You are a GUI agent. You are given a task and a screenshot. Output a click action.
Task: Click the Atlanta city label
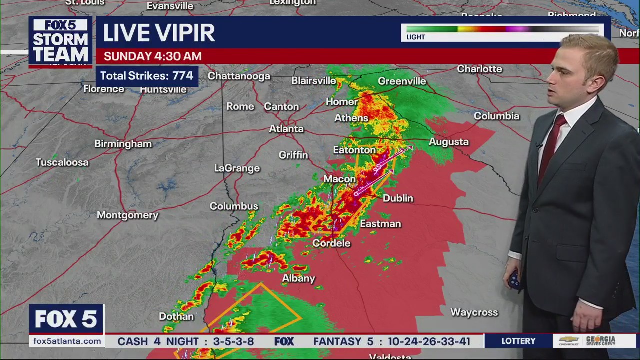286,129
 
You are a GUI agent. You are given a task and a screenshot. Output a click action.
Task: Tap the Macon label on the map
340,179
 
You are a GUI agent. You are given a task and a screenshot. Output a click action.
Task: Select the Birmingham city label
123,144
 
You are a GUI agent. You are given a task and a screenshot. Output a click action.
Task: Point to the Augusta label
448,142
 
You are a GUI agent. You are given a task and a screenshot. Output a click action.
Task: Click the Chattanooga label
239,76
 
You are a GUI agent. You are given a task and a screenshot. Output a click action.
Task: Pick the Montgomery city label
127,215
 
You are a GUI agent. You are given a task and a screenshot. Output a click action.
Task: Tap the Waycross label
474,312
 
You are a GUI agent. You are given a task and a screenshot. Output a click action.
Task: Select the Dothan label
176,316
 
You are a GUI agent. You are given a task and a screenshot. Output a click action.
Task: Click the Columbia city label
496,116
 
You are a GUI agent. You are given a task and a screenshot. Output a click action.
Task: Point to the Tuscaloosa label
62,162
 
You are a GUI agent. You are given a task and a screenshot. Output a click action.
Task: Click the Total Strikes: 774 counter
147,76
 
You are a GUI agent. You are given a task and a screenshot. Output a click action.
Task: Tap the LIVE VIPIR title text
159,33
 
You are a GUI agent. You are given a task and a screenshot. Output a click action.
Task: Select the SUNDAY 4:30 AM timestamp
152,56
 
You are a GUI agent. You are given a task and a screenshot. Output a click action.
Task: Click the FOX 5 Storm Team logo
60,41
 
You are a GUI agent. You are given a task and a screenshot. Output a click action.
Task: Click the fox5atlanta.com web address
67,341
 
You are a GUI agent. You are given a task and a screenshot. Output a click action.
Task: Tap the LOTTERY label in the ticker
518,341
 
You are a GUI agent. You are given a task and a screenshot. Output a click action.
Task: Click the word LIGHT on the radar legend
415,37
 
